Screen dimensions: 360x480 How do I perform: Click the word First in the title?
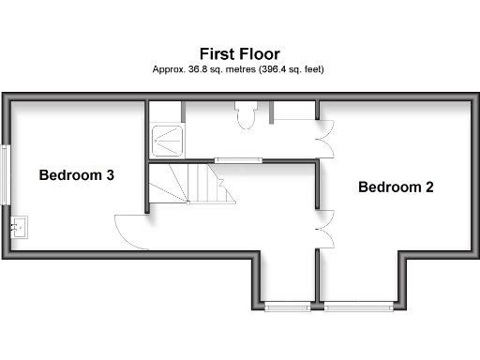pyautogui.click(x=216, y=53)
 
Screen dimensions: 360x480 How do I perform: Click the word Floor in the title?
pyautogui.click(x=259, y=53)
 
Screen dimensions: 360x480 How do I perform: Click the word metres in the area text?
pyautogui.click(x=236, y=69)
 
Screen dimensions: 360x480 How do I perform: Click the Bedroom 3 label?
pyautogui.click(x=76, y=174)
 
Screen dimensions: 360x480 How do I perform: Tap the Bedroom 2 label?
pyautogui.click(x=396, y=187)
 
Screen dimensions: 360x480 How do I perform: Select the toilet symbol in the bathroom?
pyautogui.click(x=247, y=116)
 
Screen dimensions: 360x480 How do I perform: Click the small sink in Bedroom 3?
pyautogui.click(x=20, y=226)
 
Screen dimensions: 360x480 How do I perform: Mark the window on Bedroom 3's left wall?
pyautogui.click(x=7, y=174)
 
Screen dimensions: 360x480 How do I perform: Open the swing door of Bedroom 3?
pyautogui.click(x=131, y=231)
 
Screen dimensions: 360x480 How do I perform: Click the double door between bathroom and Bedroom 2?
pyautogui.click(x=325, y=139)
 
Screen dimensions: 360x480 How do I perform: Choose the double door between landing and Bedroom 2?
pyautogui.click(x=325, y=229)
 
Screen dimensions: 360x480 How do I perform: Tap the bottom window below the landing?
pyautogui.click(x=287, y=305)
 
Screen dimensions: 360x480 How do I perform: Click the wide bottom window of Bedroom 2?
pyautogui.click(x=359, y=305)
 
